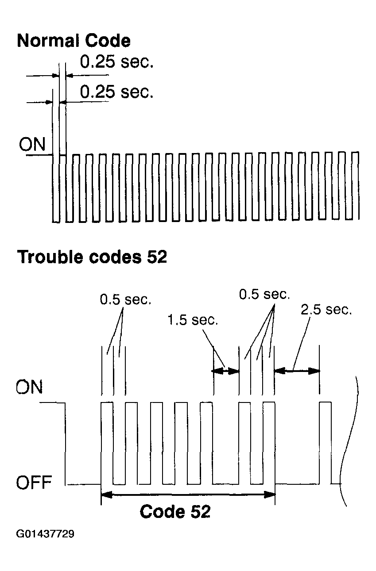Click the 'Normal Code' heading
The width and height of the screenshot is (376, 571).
74,41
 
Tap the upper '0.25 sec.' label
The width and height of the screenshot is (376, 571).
116,61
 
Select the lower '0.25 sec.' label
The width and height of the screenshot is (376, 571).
116,92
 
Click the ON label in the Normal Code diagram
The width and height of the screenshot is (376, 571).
32,144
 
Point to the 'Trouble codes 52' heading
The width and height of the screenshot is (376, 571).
92,257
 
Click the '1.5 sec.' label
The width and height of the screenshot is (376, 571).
193,320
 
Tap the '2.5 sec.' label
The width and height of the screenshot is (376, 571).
326,310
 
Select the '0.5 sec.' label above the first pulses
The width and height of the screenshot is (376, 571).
126,299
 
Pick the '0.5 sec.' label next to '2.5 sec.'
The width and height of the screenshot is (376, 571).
264,294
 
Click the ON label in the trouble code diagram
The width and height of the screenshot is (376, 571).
29,387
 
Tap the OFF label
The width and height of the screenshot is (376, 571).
34,482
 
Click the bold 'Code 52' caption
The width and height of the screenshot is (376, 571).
175,511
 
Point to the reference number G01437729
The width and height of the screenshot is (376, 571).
45,534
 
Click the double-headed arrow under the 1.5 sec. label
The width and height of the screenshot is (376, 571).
225,371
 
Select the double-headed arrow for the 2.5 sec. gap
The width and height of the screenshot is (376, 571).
297,371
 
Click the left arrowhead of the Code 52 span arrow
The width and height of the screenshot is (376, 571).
107,495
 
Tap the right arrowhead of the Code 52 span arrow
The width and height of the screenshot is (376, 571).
270,495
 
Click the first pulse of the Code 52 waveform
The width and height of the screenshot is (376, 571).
107,443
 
